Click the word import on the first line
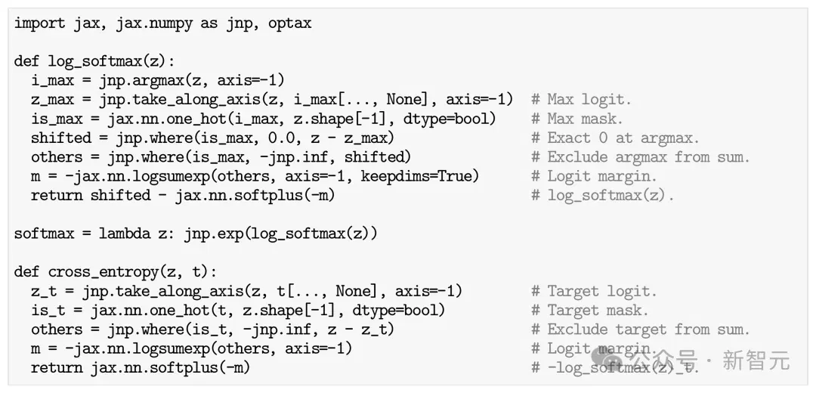pos(39,24)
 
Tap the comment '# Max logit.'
pos(581,100)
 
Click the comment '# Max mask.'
pos(577,119)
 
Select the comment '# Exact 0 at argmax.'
pos(616,138)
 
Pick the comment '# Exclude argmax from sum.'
pos(641,156)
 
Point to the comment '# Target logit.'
pos(595,291)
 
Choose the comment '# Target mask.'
pos(590,310)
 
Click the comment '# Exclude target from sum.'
pos(641,330)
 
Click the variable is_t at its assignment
pos(48,311)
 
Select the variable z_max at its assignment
pos(52,100)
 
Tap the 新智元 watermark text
pos(756,361)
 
